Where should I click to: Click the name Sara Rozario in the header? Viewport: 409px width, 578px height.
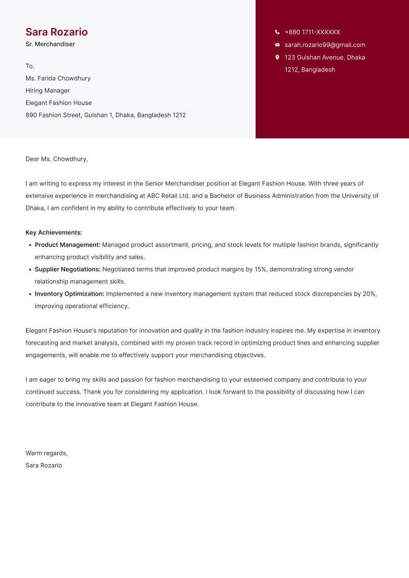coord(56,32)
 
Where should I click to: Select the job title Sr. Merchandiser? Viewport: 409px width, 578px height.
coord(50,44)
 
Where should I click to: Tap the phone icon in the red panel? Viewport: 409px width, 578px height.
coord(277,32)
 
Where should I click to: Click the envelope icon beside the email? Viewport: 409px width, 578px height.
coord(277,45)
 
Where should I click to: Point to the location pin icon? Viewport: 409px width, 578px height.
coord(277,57)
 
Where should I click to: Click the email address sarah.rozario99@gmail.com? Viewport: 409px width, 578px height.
coord(325,45)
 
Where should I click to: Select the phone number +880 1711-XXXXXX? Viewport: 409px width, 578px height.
coord(312,32)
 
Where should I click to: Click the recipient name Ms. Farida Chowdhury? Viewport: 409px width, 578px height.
coord(58,79)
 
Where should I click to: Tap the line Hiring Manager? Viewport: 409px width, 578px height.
coord(48,91)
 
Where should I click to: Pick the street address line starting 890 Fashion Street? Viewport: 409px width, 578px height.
coord(105,115)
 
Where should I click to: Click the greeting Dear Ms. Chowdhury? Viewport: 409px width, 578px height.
coord(56,159)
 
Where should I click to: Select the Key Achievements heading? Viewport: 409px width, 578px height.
coord(54,233)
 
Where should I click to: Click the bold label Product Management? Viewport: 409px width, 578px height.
coord(67,245)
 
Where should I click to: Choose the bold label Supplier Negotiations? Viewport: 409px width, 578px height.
coord(67,270)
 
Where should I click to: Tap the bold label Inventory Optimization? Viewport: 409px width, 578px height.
coord(69,294)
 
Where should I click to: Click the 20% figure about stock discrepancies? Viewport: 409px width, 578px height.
coord(369,294)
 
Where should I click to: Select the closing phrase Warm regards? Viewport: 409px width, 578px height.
coord(46,453)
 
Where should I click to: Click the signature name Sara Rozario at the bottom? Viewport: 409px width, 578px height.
coord(43,466)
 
